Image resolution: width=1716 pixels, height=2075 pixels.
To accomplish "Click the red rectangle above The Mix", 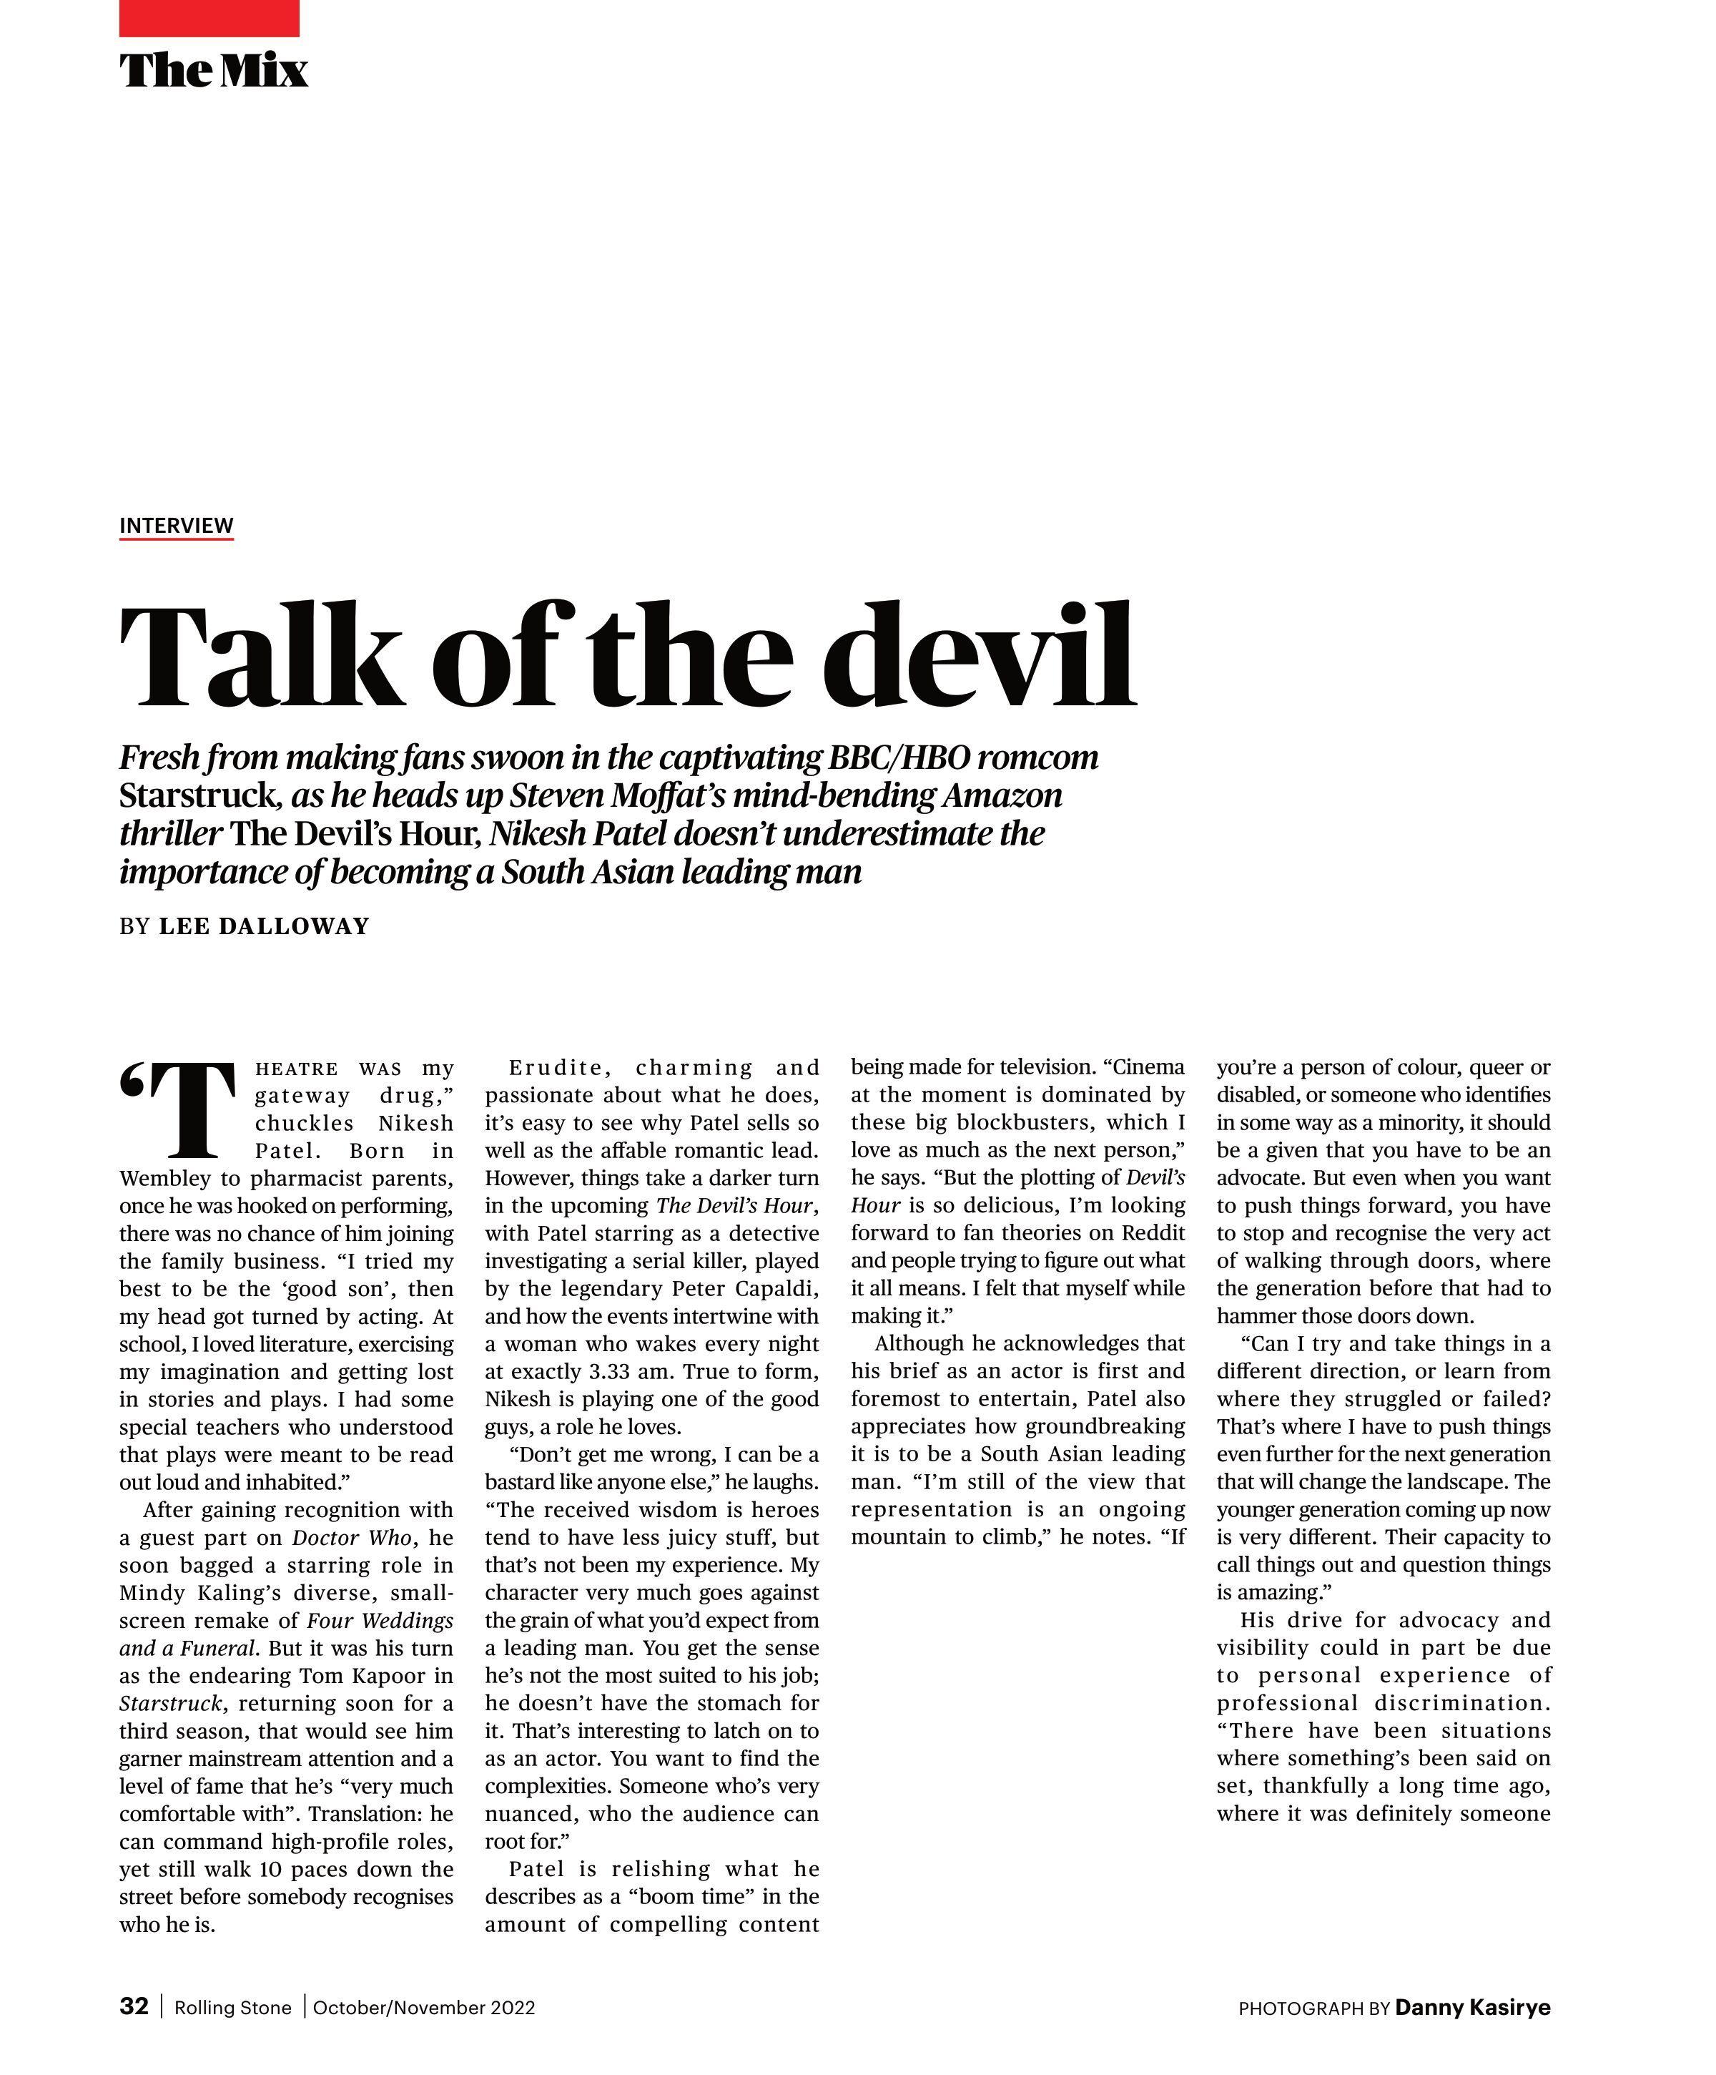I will tap(209, 18).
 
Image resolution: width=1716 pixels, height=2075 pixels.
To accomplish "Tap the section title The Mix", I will tap(213, 70).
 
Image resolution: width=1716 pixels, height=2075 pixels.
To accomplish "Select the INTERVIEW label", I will tap(176, 525).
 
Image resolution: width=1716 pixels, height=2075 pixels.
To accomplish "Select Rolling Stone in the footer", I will tap(233, 2008).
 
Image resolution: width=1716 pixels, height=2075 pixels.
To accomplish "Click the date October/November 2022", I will tap(424, 2008).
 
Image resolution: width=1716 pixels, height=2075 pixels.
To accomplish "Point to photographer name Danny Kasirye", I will tap(1472, 2007).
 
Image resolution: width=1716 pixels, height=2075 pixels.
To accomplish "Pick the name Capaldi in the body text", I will tap(779, 1288).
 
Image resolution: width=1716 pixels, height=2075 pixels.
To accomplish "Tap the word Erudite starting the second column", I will tap(556, 1067).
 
